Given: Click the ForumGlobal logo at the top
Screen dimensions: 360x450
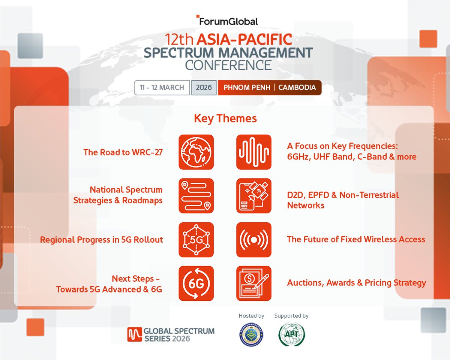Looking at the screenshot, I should (227, 21).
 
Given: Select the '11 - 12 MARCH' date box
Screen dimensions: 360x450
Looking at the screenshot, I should (162, 88).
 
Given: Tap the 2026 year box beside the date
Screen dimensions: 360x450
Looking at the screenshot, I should (204, 88).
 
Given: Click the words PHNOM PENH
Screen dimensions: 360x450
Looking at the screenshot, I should (246, 88).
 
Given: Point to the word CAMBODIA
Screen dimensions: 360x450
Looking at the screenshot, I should (297, 88).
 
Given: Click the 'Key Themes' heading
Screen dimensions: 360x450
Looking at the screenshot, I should (225, 118).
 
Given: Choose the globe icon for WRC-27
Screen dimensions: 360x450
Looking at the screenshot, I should (196, 152).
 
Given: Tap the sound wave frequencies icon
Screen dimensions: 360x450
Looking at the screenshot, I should (254, 152).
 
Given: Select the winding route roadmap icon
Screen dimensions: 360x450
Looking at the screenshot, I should (196, 196).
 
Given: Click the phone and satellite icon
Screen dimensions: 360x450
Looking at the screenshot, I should (254, 196).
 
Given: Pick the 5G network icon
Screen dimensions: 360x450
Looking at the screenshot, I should (196, 240).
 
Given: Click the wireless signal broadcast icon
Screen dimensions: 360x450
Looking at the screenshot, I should (254, 240).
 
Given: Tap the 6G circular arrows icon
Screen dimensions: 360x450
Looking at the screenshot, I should (196, 283).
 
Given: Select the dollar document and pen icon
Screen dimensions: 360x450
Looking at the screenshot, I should (254, 283).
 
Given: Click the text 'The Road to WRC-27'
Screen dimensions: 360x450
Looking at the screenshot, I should (123, 152).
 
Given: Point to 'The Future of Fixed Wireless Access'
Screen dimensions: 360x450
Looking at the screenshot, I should (356, 239).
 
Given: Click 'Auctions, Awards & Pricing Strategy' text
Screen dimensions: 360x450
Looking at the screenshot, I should (356, 283).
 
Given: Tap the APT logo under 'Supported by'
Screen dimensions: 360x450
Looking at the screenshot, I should (291, 334).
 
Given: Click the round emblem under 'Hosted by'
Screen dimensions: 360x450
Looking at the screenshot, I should (251, 334).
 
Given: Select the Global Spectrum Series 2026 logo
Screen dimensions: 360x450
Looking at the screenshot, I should (171, 334).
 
